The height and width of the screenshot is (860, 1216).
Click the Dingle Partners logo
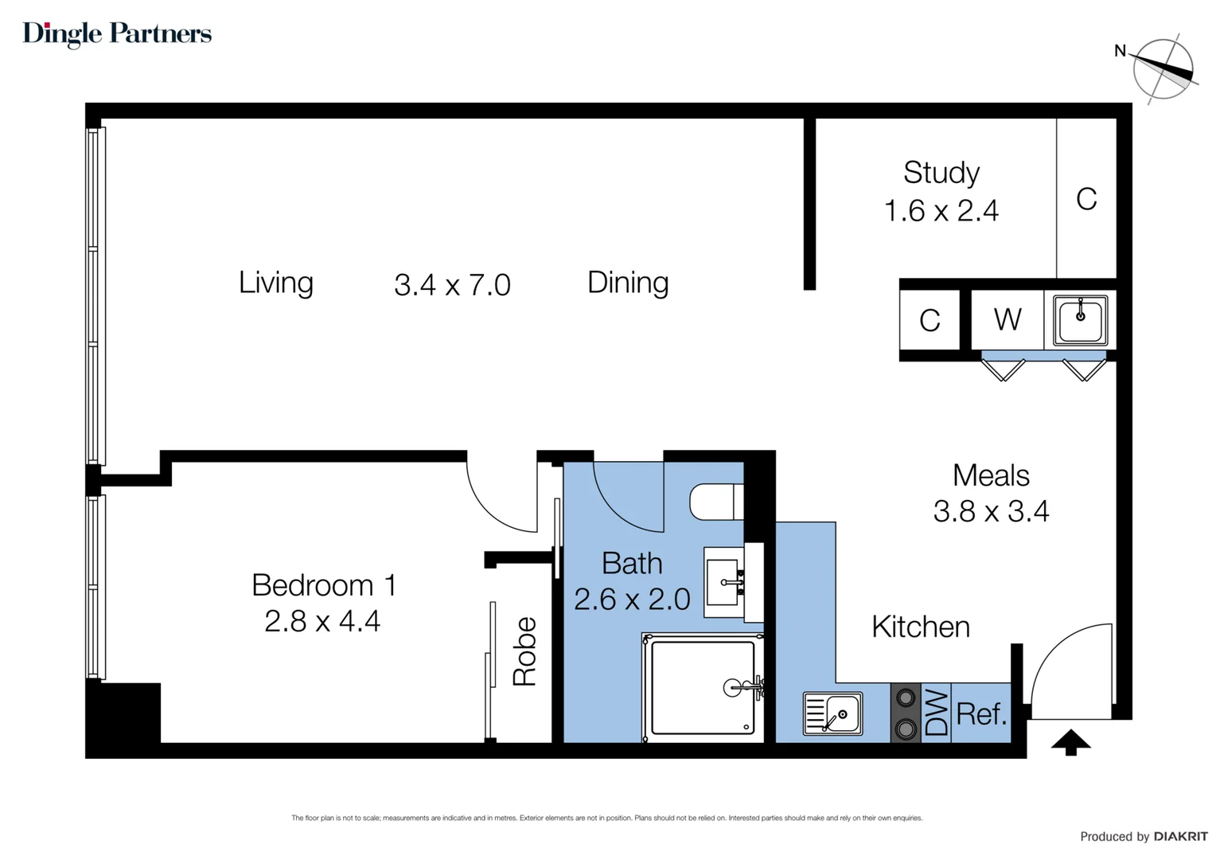point(117,34)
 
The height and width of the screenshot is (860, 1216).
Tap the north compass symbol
point(1162,69)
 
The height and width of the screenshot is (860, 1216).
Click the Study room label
point(941,173)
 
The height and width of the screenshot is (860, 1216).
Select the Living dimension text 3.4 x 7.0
point(452,284)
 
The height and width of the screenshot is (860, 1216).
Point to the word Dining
point(628,283)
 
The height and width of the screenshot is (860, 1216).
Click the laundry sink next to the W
point(1080,320)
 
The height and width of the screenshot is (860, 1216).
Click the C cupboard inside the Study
point(1086,199)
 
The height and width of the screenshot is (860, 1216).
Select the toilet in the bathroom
point(716,502)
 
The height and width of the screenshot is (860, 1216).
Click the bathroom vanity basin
point(723,582)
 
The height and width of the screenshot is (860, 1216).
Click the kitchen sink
point(832,713)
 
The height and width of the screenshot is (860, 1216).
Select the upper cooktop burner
point(906,697)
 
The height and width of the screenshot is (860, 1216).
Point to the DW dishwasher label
point(936,713)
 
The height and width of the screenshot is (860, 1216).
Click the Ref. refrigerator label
point(981,713)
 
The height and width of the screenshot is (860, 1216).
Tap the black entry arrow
point(1070,742)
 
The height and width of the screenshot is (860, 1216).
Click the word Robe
point(525,651)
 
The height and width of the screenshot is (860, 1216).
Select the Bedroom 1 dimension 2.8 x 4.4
point(322,621)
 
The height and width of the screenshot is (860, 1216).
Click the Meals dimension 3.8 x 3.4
point(992,511)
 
